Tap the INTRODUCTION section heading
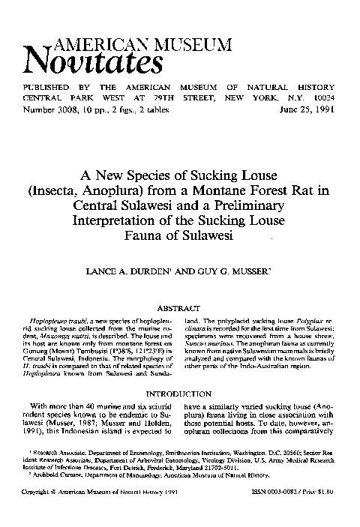coord(181,393)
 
